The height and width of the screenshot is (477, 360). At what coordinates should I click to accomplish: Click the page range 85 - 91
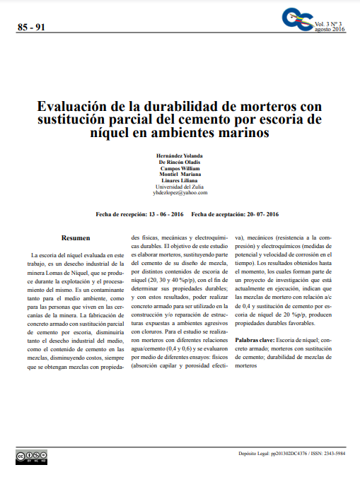click(x=30, y=28)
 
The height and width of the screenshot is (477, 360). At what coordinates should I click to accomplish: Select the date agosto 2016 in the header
click(x=329, y=29)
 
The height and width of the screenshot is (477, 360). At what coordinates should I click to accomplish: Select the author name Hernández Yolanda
click(x=180, y=155)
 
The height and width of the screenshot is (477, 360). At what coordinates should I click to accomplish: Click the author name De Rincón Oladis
click(x=180, y=162)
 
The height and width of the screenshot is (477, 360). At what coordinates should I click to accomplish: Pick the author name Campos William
click(x=180, y=168)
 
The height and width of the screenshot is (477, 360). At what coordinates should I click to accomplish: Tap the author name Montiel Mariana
click(x=180, y=175)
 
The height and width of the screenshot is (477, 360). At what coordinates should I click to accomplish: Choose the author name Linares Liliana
click(x=180, y=181)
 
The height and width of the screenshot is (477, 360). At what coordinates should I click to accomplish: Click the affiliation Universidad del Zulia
click(x=180, y=187)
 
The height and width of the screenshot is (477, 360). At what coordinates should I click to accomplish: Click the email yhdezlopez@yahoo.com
click(x=180, y=192)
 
